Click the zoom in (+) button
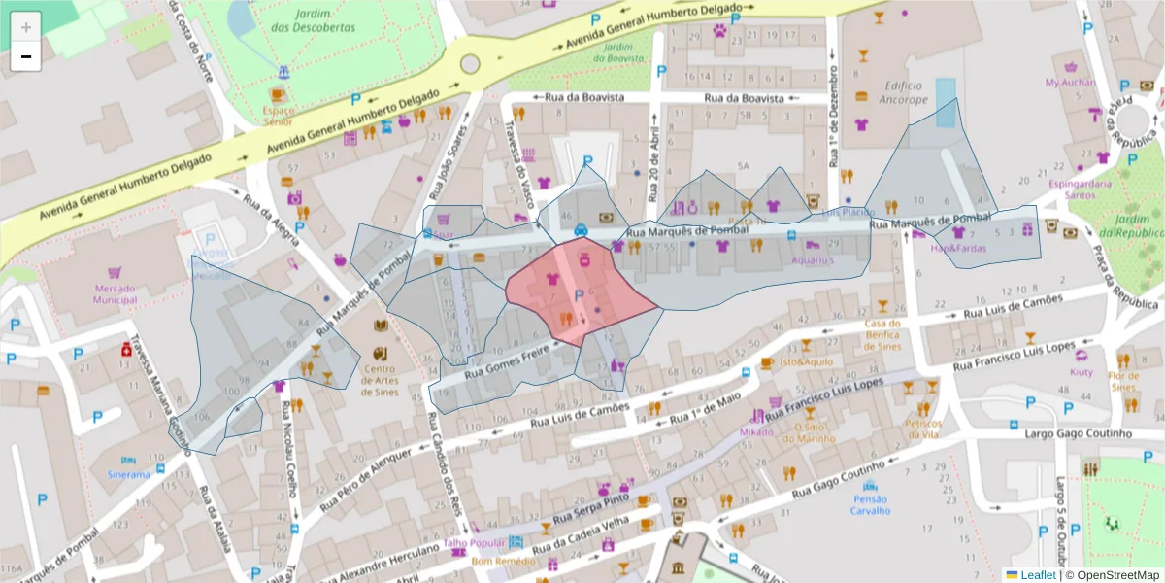pyautogui.click(x=26, y=26)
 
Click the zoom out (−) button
pyautogui.click(x=26, y=56)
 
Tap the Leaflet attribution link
pyautogui.click(x=1037, y=575)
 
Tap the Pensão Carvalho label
pyautogui.click(x=870, y=504)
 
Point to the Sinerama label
pyautogui.click(x=129, y=475)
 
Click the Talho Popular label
pyautogui.click(x=474, y=543)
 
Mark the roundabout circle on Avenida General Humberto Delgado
pyautogui.click(x=470, y=64)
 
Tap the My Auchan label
pyautogui.click(x=1070, y=83)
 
